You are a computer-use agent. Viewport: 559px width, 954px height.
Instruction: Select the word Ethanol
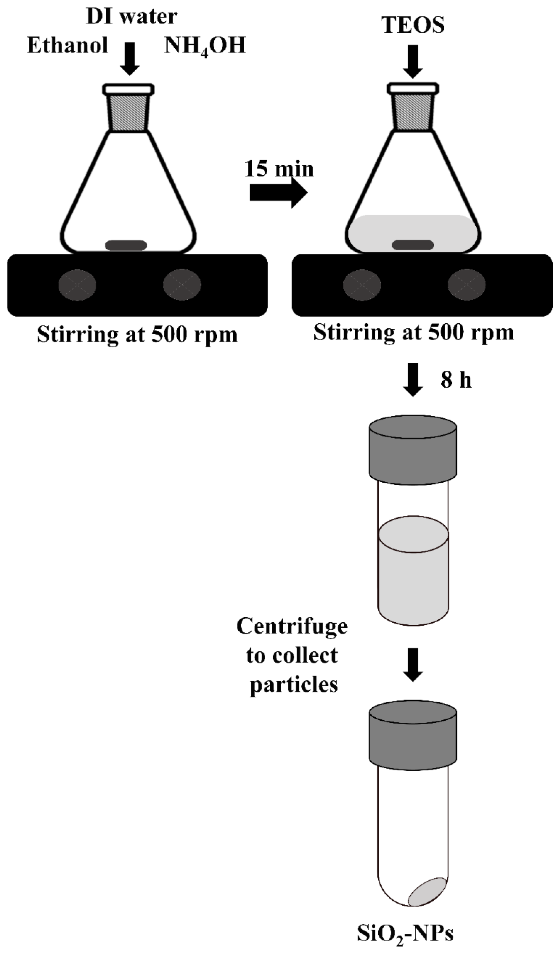click(x=67, y=45)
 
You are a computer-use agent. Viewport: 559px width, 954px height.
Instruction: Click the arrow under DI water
click(x=130, y=59)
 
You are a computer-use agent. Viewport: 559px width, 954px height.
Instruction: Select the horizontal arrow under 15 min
click(x=278, y=193)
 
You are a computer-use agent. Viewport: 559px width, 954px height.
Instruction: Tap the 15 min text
click(x=279, y=169)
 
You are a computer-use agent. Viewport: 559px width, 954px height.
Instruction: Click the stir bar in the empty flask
click(x=126, y=245)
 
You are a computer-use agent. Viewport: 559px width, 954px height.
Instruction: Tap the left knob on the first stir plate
click(x=77, y=285)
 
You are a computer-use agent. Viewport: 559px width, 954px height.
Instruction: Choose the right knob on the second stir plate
click(x=466, y=285)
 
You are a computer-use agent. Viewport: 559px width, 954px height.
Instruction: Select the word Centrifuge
click(x=292, y=626)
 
